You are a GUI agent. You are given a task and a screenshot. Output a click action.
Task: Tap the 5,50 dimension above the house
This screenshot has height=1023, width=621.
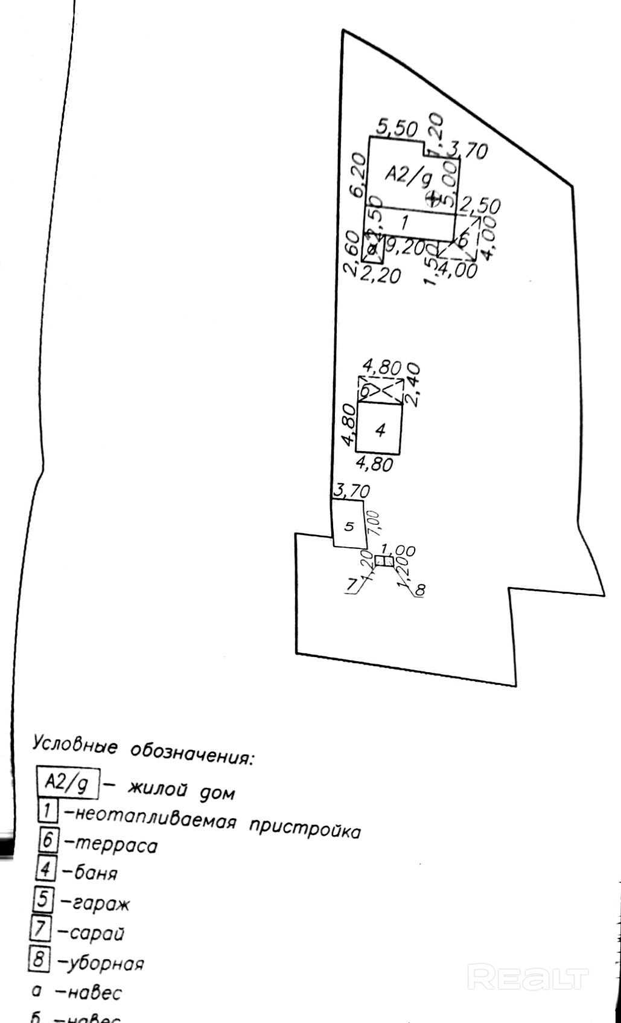[x=396, y=128]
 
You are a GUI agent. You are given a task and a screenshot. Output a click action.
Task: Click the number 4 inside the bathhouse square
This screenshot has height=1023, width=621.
[x=380, y=430]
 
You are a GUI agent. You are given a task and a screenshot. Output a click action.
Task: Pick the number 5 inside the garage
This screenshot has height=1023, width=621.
[x=349, y=526]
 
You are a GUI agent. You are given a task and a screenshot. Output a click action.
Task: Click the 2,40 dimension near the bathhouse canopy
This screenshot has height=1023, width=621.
[x=413, y=384]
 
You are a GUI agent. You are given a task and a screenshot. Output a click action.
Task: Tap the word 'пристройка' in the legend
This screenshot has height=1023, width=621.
[x=305, y=829]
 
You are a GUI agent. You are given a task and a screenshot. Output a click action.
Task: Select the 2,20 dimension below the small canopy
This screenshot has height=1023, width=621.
[x=380, y=275]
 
